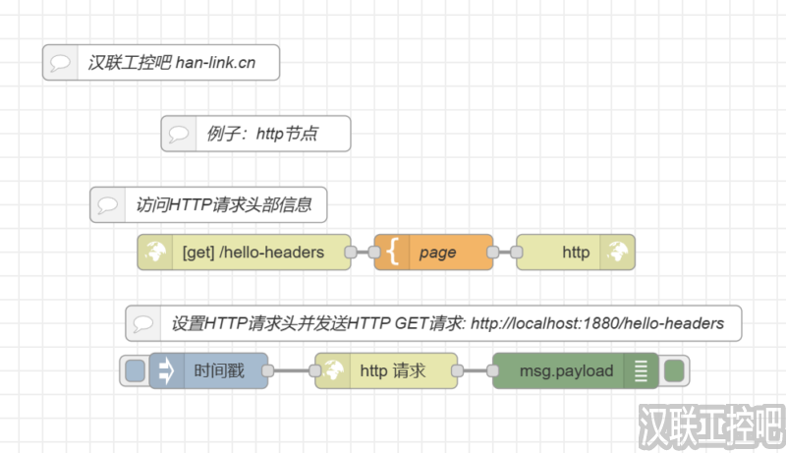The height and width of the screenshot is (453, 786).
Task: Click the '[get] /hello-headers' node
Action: (x=253, y=253)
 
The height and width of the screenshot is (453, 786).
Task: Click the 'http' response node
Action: (x=576, y=253)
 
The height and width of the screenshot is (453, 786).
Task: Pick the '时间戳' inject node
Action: (x=218, y=371)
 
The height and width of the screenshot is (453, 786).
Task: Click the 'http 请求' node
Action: (x=393, y=371)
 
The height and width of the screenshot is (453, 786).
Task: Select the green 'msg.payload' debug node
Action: (x=566, y=371)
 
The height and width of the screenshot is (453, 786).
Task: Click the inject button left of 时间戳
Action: (x=135, y=371)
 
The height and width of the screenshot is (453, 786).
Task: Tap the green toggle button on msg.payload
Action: (x=674, y=371)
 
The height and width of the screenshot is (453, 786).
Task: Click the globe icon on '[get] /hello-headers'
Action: (x=154, y=253)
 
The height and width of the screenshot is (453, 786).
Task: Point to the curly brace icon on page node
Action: (x=392, y=253)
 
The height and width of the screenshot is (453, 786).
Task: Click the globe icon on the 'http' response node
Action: (x=618, y=253)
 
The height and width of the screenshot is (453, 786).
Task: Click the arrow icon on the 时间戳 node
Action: (x=166, y=371)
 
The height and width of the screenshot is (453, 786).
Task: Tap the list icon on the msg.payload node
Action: (x=642, y=371)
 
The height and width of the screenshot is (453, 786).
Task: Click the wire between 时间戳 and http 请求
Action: (x=291, y=371)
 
